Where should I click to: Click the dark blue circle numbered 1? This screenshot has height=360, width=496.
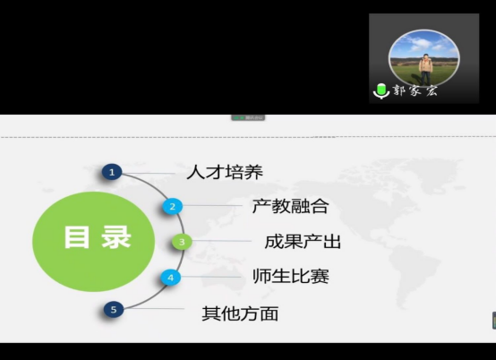[x=112, y=173]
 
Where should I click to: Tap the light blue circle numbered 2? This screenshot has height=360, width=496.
[x=173, y=207]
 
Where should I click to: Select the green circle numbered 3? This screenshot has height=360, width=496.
[x=182, y=242]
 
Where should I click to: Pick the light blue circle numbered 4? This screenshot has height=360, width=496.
[x=171, y=278]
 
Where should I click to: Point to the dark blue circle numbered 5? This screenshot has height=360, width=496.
[x=114, y=310]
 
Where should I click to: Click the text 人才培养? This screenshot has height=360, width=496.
[x=225, y=173]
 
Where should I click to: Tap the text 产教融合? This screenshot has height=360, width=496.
[x=291, y=206]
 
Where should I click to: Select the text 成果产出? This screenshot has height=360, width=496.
[x=303, y=242]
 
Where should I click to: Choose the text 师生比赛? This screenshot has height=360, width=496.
[x=291, y=276]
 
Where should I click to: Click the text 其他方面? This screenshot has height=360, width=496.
[x=240, y=313]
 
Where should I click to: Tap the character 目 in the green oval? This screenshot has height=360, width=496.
[x=77, y=237]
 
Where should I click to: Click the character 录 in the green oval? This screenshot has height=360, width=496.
[x=116, y=237]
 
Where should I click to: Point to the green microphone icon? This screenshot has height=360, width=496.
[x=381, y=91]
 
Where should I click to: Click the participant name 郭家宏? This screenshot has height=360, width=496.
[x=415, y=90]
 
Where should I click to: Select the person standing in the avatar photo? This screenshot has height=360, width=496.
[x=425, y=69]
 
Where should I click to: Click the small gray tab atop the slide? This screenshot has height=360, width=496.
[x=248, y=117]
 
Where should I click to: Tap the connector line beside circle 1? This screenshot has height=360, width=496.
[x=149, y=173]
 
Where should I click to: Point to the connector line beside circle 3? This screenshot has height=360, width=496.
[x=222, y=241]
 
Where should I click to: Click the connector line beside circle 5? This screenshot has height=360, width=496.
[x=154, y=308]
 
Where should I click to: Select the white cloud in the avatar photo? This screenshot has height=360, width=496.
[x=420, y=44]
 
